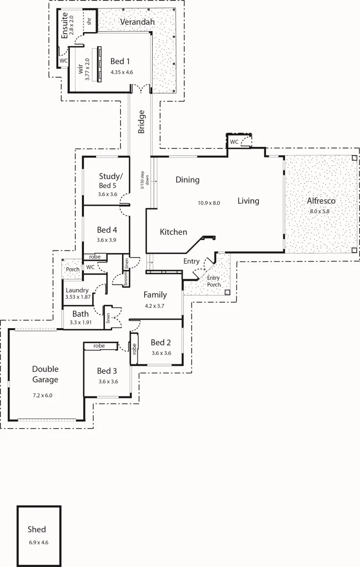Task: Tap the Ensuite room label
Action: (65, 25)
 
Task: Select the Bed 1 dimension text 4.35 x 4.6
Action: (122, 71)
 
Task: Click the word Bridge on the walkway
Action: (141, 122)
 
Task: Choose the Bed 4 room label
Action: (107, 229)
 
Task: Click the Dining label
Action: (187, 180)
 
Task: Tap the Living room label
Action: (248, 201)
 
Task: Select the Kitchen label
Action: (173, 232)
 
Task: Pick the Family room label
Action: (155, 295)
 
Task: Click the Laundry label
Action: (77, 289)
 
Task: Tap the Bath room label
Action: (80, 314)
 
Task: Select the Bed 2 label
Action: (161, 342)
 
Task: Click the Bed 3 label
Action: (108, 370)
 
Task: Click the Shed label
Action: (37, 529)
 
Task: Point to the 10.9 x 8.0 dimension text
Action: (208, 203)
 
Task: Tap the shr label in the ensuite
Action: (90, 22)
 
